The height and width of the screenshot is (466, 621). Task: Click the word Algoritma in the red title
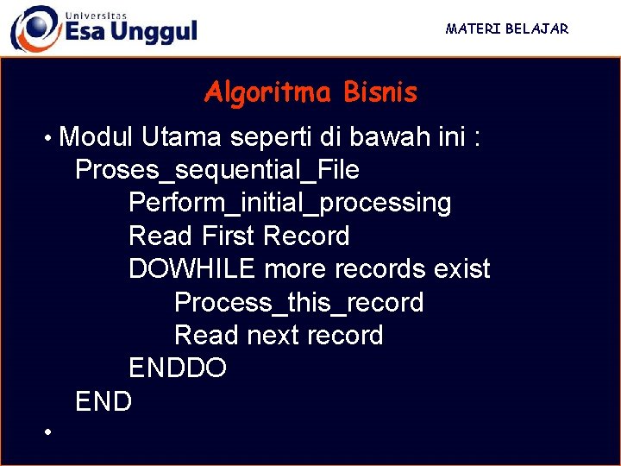pyautogui.click(x=267, y=92)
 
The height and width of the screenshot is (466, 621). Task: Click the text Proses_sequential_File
pyautogui.click(x=217, y=170)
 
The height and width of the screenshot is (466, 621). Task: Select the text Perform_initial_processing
pyautogui.click(x=290, y=203)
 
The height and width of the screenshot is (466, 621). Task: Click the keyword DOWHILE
pyautogui.click(x=191, y=269)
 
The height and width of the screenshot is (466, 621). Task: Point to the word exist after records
pyautogui.click(x=461, y=269)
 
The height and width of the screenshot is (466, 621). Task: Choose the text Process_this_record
pyautogui.click(x=298, y=303)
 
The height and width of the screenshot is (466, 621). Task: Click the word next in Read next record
pyautogui.click(x=275, y=335)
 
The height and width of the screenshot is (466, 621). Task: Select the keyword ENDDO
pyautogui.click(x=178, y=368)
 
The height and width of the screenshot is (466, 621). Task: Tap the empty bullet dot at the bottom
pyautogui.click(x=50, y=431)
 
